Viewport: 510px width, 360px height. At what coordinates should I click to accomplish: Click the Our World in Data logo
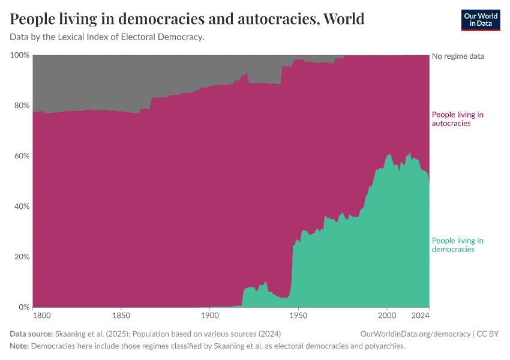click(x=480, y=20)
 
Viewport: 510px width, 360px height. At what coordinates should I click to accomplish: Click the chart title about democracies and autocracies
click(x=187, y=19)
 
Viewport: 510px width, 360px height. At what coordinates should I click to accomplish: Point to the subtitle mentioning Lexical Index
click(x=107, y=37)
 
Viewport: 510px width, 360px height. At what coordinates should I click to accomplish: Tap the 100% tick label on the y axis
click(x=20, y=55)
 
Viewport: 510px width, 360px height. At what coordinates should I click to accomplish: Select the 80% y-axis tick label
click(x=21, y=106)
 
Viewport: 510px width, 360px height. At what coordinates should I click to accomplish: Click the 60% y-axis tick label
click(x=21, y=156)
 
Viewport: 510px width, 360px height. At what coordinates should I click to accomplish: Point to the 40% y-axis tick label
click(x=21, y=206)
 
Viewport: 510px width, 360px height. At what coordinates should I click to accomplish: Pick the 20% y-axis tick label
click(x=21, y=257)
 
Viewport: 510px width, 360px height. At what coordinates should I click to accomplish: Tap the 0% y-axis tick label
click(x=23, y=307)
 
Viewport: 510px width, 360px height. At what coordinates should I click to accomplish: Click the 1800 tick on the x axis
click(x=41, y=315)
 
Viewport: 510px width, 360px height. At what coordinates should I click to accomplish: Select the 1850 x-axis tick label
click(x=121, y=315)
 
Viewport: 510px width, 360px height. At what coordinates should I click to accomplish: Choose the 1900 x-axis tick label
click(x=209, y=315)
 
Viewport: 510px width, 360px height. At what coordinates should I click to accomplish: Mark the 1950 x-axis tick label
click(x=298, y=315)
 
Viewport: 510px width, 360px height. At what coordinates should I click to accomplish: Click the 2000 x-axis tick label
click(x=387, y=315)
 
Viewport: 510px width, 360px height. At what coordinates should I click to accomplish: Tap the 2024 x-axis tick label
click(x=421, y=315)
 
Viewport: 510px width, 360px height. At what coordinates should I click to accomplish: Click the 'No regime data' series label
click(x=458, y=56)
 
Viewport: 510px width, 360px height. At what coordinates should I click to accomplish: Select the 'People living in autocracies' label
click(x=458, y=119)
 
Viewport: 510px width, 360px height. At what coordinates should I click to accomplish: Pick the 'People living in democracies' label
click(x=458, y=245)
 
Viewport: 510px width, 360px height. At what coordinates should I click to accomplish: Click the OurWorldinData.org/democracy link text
click(x=415, y=334)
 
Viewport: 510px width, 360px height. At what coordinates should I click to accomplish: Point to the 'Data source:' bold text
click(x=31, y=334)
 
